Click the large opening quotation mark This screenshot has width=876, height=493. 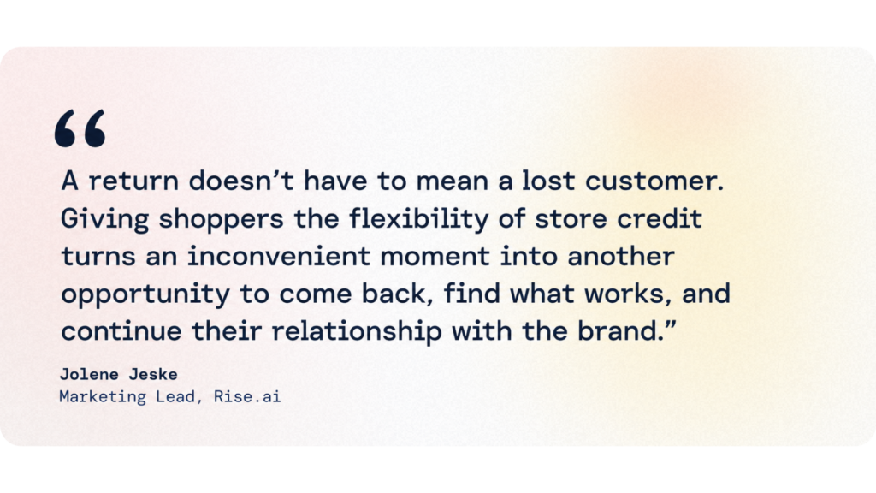80,128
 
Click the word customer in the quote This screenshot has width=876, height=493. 654,181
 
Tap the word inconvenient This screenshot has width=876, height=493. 279,256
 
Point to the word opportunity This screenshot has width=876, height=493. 145,295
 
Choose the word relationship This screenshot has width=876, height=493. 357,331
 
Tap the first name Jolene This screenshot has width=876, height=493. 89,374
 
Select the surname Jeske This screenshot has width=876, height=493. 153,374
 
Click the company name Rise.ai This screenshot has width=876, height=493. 247,396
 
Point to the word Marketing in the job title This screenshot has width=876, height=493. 103,397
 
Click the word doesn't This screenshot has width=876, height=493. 240,181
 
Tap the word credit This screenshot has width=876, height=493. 660,218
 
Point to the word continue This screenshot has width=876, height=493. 121,331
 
